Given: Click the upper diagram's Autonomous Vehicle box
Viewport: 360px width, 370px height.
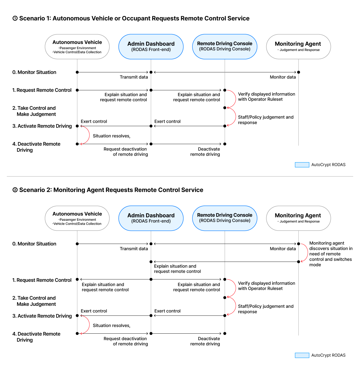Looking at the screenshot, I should (x=77, y=46).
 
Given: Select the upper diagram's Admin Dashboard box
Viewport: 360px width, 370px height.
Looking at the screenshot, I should (x=151, y=46).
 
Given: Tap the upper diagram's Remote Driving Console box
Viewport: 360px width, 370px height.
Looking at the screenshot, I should (x=225, y=46).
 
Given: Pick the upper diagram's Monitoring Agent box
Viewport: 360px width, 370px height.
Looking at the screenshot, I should (x=298, y=46).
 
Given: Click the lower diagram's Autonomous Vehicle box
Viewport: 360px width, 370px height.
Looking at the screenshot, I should (x=77, y=218).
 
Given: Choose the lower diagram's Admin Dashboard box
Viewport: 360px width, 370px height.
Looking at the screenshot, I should (x=151, y=218).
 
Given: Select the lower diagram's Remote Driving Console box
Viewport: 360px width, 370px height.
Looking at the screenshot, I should (x=225, y=218).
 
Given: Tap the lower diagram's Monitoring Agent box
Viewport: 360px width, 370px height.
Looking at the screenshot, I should (x=298, y=218).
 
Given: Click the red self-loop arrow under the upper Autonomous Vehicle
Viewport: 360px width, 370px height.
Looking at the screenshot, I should (x=89, y=135).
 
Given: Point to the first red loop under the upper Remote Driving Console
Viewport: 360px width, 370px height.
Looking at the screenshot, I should (x=235, y=99).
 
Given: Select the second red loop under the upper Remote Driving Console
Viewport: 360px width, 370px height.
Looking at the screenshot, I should (x=235, y=117).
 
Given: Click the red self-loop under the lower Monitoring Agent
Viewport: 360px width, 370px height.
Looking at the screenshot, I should (x=308, y=253).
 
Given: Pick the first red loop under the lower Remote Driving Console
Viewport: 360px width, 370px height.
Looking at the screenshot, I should (x=235, y=288).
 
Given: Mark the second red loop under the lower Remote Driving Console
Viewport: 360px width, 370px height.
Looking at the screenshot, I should (x=235, y=306).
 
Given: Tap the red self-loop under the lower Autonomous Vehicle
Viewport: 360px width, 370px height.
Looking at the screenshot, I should (x=89, y=325).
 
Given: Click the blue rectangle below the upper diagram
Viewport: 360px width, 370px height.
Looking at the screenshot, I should (x=302, y=165).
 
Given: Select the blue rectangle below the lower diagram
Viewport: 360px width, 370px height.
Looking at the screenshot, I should (x=302, y=355).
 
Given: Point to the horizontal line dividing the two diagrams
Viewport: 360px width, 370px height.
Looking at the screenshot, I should (x=180, y=177).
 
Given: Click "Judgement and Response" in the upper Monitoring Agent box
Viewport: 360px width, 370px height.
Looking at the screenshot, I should (x=300, y=50).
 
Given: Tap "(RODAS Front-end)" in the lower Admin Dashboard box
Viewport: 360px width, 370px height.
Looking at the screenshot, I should (x=151, y=221).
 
